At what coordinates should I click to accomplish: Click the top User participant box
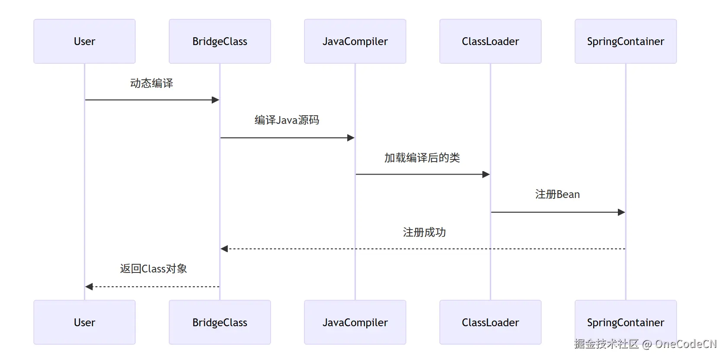click(x=84, y=41)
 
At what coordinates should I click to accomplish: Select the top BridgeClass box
click(x=220, y=41)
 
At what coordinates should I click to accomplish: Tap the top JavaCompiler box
click(x=355, y=41)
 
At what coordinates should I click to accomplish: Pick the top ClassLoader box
click(x=491, y=41)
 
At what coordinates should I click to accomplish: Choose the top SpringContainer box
click(x=626, y=41)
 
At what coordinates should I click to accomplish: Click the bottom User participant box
click(x=84, y=322)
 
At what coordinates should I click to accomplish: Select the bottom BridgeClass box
click(x=220, y=322)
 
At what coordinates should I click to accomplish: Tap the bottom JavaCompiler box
click(x=355, y=322)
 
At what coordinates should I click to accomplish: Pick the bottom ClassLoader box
click(x=491, y=322)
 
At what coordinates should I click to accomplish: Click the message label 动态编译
click(x=152, y=84)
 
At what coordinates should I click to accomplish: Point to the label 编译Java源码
click(x=287, y=120)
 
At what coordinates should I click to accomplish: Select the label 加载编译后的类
click(x=422, y=158)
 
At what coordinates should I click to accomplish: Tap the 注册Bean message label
click(x=558, y=195)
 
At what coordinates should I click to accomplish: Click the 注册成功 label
click(x=424, y=233)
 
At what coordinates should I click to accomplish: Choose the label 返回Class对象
click(x=154, y=269)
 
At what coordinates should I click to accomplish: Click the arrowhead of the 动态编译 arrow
click(x=216, y=100)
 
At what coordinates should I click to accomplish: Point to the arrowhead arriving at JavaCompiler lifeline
click(x=351, y=138)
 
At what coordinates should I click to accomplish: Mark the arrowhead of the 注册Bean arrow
click(x=621, y=212)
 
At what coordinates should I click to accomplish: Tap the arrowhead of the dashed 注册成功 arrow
click(x=224, y=249)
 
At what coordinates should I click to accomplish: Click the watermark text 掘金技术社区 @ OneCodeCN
click(x=645, y=344)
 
